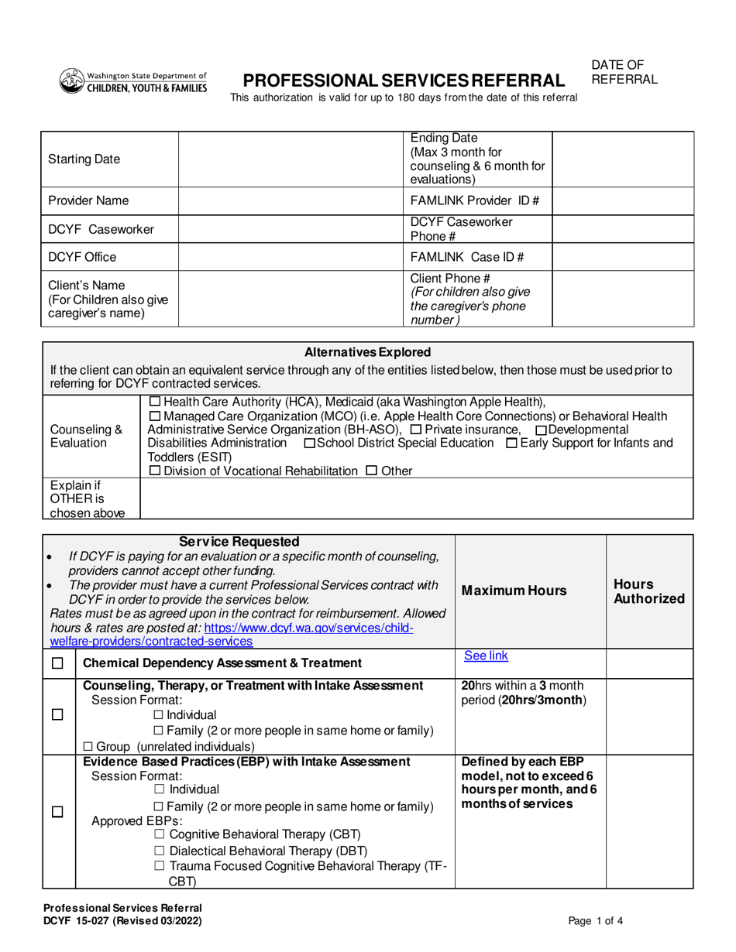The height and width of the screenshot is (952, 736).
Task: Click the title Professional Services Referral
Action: click(x=404, y=80)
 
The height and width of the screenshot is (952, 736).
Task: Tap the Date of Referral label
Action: click(x=624, y=72)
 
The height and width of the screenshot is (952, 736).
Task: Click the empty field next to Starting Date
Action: click(x=290, y=159)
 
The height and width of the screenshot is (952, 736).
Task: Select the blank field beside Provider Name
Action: click(x=290, y=201)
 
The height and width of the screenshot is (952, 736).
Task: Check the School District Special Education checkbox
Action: click(x=311, y=443)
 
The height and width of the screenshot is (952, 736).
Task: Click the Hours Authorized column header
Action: click(x=649, y=591)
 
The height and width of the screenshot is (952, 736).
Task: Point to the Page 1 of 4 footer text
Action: click(x=595, y=920)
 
